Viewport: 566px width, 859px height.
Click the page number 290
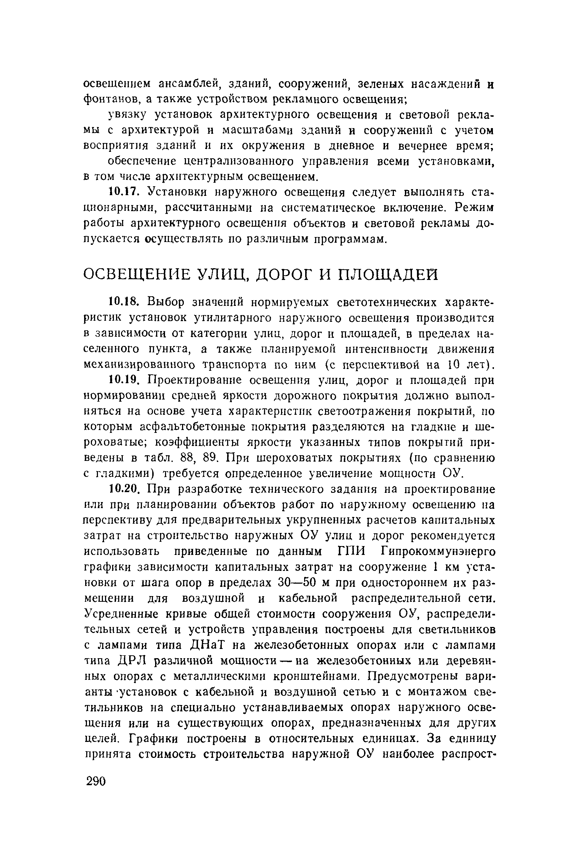point(96,782)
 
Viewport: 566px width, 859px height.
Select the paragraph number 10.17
point(123,192)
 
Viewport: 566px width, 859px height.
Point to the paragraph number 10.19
point(123,380)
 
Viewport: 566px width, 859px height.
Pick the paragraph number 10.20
point(123,489)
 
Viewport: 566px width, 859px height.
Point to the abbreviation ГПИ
point(352,552)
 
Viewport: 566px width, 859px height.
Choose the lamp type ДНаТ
point(207,646)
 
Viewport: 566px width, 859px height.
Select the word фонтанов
point(109,99)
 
